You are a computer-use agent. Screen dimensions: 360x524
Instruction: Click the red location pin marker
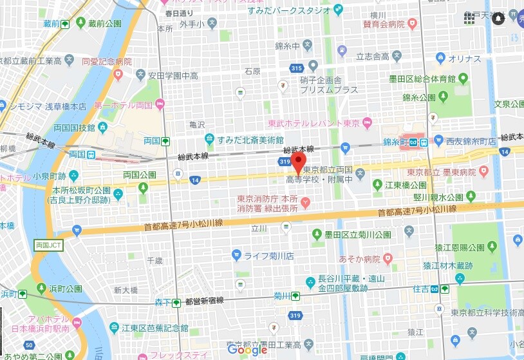tap(299, 163)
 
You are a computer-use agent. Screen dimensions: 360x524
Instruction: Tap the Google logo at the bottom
tap(247, 350)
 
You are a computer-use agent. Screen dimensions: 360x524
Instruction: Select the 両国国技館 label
tap(73, 127)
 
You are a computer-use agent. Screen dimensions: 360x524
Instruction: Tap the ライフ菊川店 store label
tap(268, 256)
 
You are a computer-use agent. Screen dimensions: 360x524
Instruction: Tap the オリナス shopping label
tap(465, 59)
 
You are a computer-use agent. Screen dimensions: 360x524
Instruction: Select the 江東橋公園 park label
tap(402, 185)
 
